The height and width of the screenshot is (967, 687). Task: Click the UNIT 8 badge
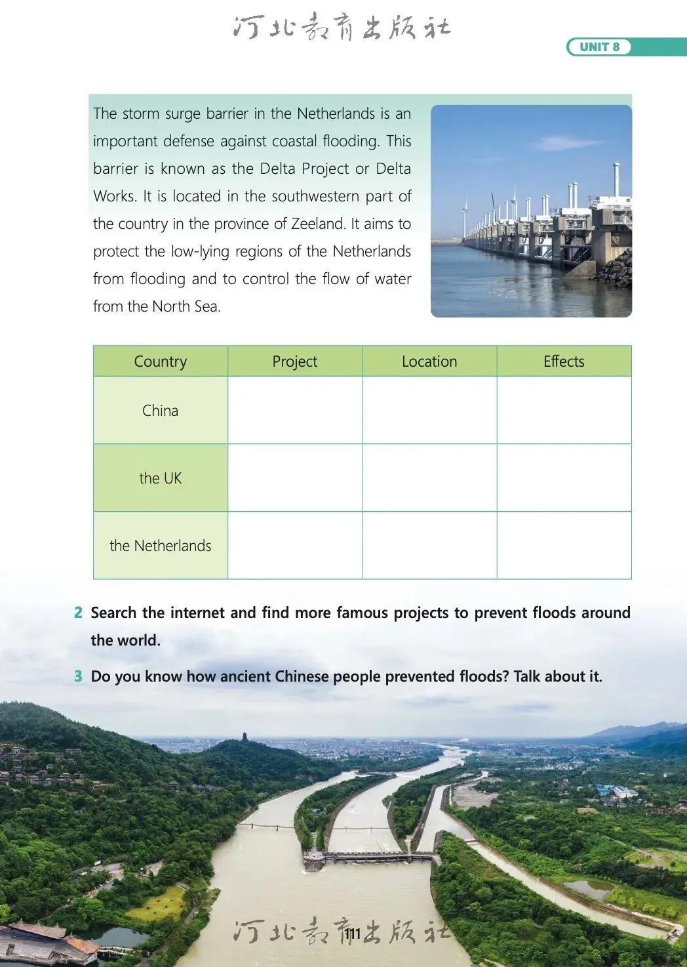click(599, 47)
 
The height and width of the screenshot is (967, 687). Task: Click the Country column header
click(161, 361)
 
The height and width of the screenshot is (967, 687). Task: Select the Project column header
click(295, 361)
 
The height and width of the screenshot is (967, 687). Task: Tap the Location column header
click(429, 361)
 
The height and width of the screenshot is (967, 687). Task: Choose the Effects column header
click(564, 361)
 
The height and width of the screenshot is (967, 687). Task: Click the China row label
click(161, 411)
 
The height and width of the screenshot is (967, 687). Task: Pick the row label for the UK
click(161, 478)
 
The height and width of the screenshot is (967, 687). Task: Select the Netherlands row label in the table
click(161, 546)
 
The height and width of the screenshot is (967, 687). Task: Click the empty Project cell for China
click(295, 411)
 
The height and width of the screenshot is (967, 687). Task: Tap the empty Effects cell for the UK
click(564, 478)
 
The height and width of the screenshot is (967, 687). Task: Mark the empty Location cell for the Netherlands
click(429, 546)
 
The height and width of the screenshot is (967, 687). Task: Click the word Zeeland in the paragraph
click(318, 224)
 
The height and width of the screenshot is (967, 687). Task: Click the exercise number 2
click(78, 613)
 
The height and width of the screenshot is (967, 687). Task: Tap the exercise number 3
click(78, 676)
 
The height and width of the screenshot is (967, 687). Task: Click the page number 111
click(353, 934)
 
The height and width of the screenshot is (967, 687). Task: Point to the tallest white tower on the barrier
click(616, 180)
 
